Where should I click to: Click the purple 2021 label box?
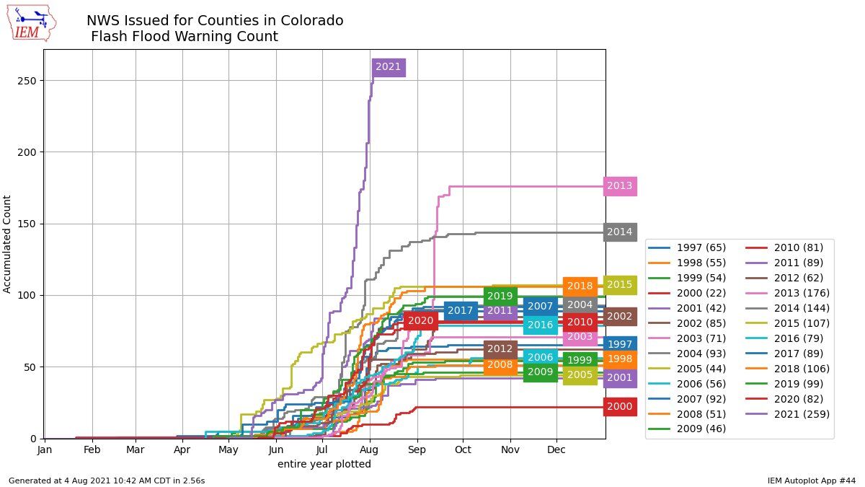pos(388,67)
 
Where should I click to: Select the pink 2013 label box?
pos(619,186)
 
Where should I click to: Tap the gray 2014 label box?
pos(619,232)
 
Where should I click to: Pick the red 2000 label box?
pos(619,407)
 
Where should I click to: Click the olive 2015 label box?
pos(619,284)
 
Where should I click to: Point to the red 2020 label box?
pos(421,321)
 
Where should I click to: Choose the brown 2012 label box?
pos(500,349)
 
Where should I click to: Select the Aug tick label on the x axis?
pos(370,449)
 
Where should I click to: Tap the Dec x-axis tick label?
pos(556,449)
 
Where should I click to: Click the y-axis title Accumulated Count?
pos(8,244)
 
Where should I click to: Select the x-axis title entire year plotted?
pos(324,465)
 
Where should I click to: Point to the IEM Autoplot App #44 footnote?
pos(811,481)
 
